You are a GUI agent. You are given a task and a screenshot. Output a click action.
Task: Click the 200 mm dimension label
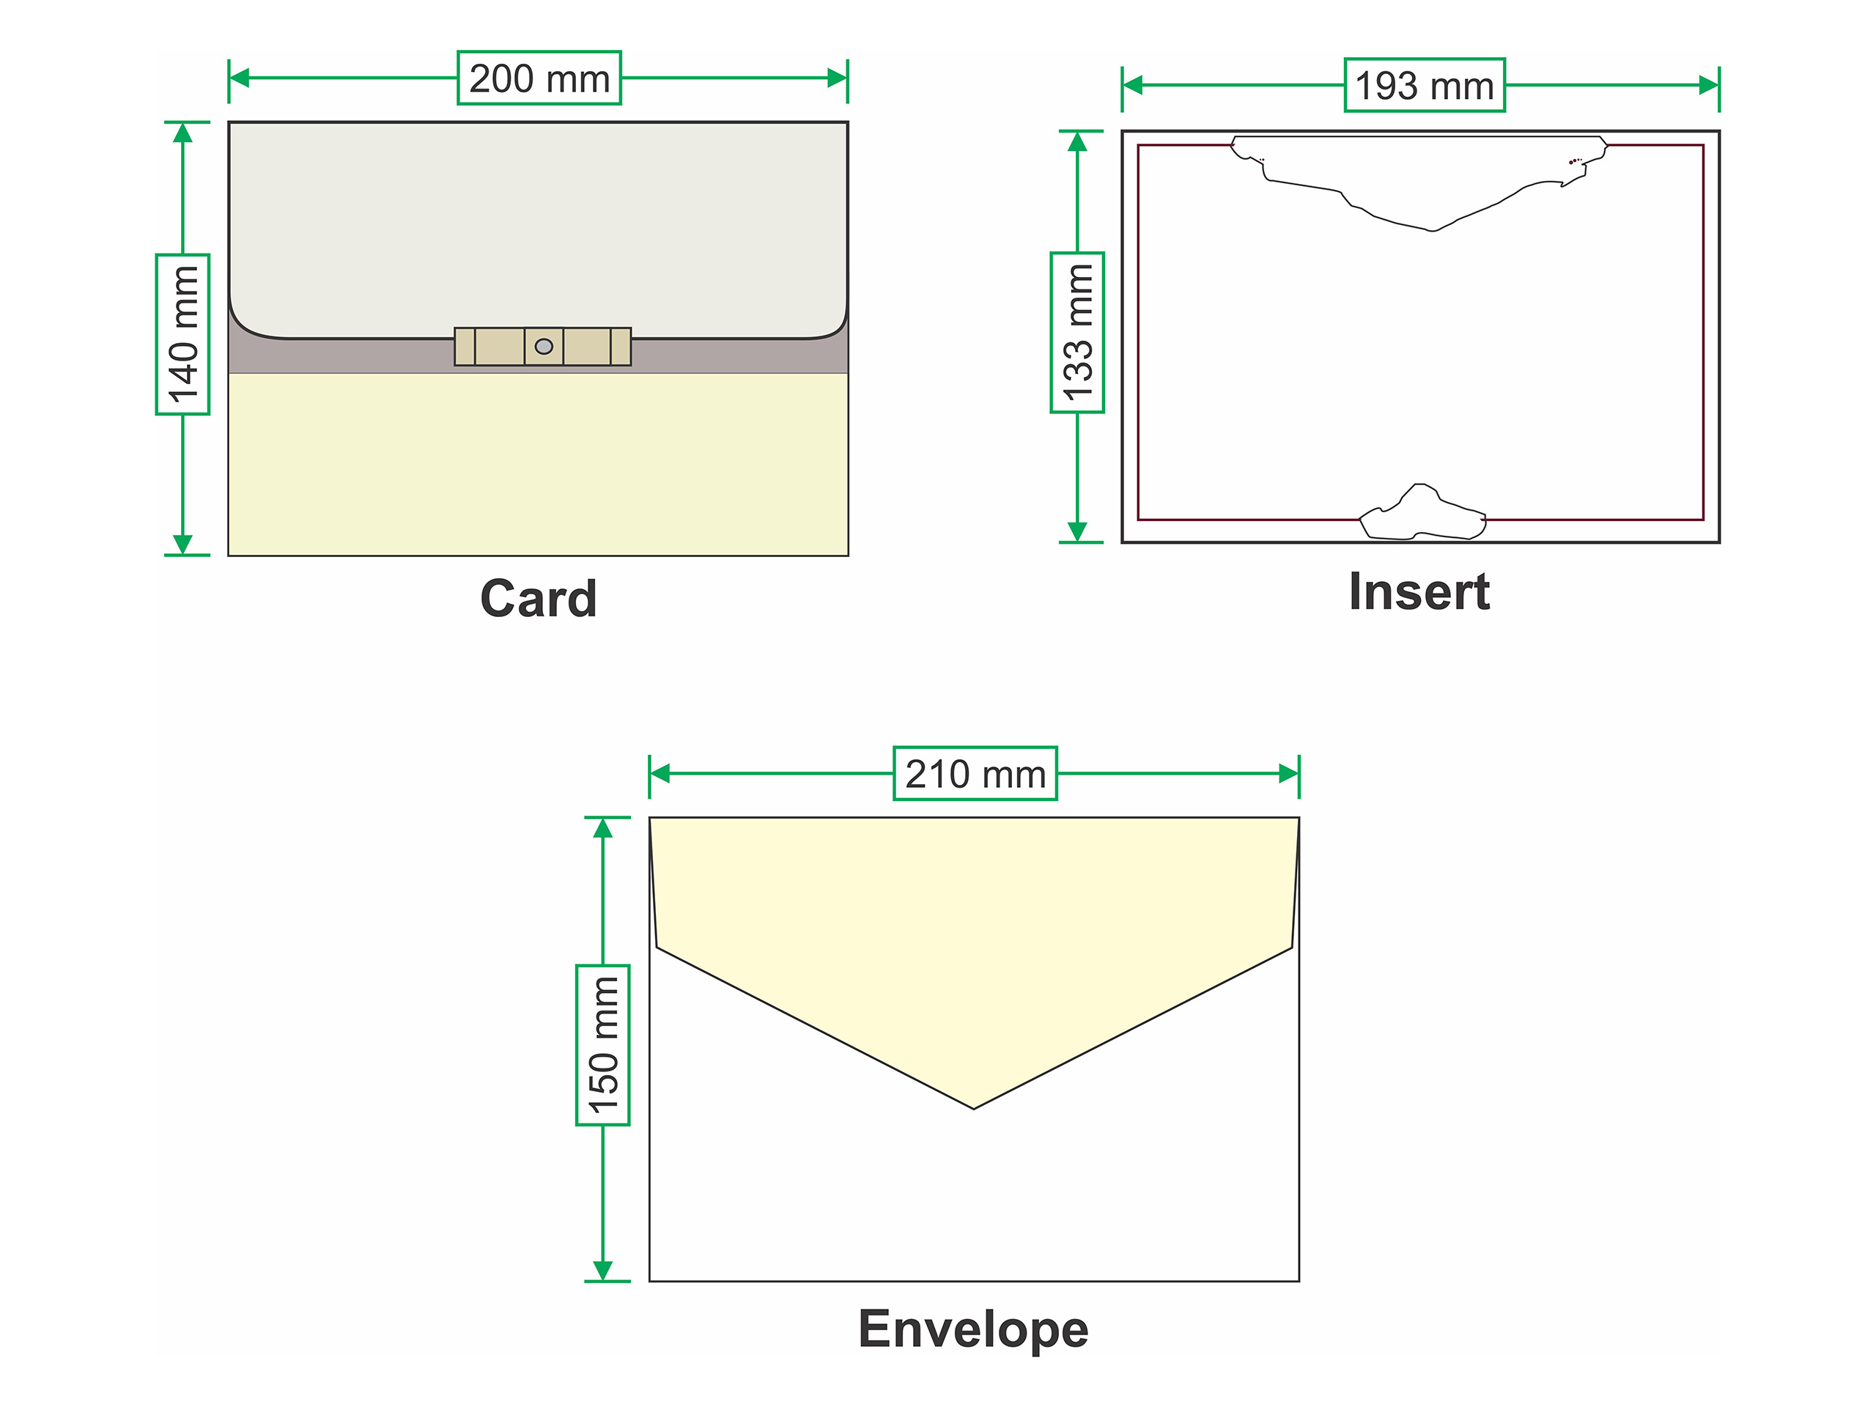click(539, 78)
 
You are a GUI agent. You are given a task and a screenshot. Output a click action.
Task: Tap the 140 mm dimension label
click(182, 334)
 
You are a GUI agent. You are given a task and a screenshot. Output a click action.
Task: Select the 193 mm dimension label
click(1424, 85)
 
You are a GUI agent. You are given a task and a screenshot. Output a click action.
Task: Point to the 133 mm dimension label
click(1077, 333)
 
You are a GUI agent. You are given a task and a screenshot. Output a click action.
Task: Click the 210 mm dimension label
click(975, 773)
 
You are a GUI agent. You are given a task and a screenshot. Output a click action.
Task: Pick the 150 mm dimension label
click(602, 1045)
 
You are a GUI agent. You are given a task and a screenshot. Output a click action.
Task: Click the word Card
click(539, 599)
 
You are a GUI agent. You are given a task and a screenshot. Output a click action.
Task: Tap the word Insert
click(1419, 591)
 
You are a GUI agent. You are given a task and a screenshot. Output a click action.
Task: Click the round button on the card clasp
click(544, 346)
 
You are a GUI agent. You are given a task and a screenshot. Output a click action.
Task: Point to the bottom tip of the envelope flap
click(974, 1106)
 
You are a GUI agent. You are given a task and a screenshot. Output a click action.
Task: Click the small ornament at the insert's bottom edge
click(1422, 514)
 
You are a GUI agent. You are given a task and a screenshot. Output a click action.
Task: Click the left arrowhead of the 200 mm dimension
click(239, 78)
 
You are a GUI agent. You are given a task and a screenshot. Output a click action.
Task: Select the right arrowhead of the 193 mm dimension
click(1709, 85)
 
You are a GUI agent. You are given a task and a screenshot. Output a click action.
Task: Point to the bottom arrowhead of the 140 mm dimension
click(182, 544)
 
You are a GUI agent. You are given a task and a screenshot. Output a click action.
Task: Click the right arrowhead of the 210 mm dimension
click(1289, 773)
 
